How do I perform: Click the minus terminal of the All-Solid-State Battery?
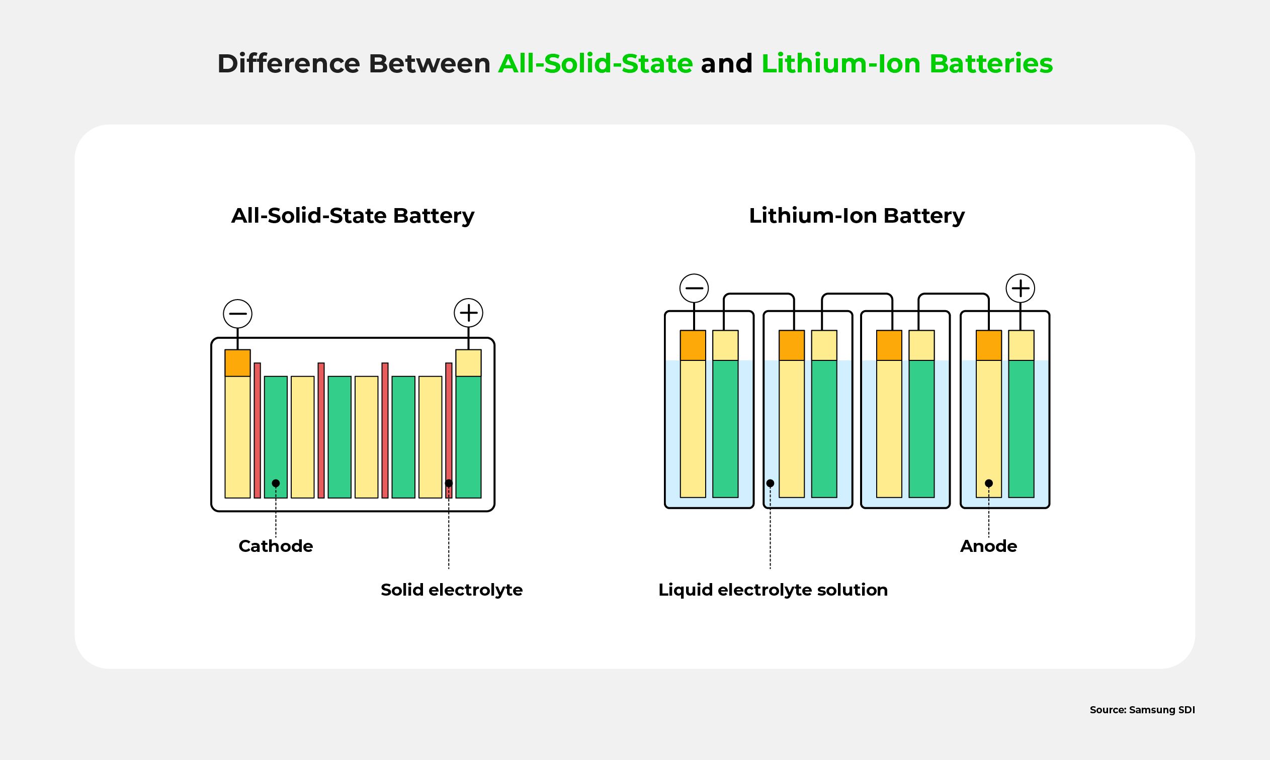coord(238,314)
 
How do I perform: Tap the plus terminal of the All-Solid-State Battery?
coord(468,313)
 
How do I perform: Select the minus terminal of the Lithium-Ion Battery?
coord(694,288)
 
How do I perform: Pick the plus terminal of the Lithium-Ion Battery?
coord(1020,288)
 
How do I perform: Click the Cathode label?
coord(276,546)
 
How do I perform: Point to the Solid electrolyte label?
coord(451,590)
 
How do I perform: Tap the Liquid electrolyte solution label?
coord(773,590)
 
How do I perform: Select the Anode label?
coord(988,546)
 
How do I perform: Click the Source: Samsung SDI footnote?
coord(1142,710)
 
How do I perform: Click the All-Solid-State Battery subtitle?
coord(353,216)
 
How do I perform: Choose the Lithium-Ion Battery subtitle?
coord(857,216)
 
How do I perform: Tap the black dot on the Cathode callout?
coord(276,483)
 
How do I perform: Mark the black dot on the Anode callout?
coord(989,483)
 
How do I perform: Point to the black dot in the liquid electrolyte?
coord(770,483)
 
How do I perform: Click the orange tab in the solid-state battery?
coord(238,363)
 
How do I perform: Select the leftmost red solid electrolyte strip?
coord(257,430)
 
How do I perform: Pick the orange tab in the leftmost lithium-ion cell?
coord(693,345)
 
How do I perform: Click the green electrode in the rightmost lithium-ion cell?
coord(1021,429)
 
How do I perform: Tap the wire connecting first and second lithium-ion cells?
coord(758,295)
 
